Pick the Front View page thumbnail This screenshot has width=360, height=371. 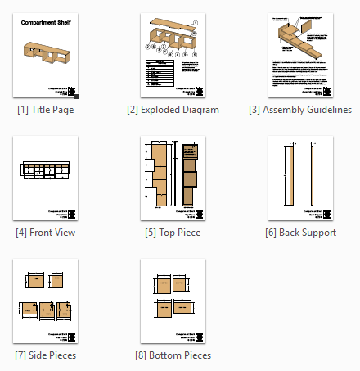click(x=46, y=179)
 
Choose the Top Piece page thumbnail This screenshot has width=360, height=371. click(x=173, y=179)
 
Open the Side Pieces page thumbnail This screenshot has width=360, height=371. click(x=46, y=301)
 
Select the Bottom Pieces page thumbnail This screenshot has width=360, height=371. click(x=173, y=301)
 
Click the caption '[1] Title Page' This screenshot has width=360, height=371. click(x=45, y=110)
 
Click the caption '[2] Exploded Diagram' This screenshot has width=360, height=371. click(x=173, y=110)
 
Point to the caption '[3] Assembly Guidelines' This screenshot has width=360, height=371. click(x=300, y=110)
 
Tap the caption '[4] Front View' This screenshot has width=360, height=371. click(x=46, y=233)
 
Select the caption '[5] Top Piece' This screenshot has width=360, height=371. click(x=173, y=233)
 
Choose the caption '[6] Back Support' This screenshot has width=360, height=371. click(x=300, y=233)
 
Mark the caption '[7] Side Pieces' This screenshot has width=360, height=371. click(x=46, y=355)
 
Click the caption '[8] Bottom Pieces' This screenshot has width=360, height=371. click(x=173, y=355)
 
